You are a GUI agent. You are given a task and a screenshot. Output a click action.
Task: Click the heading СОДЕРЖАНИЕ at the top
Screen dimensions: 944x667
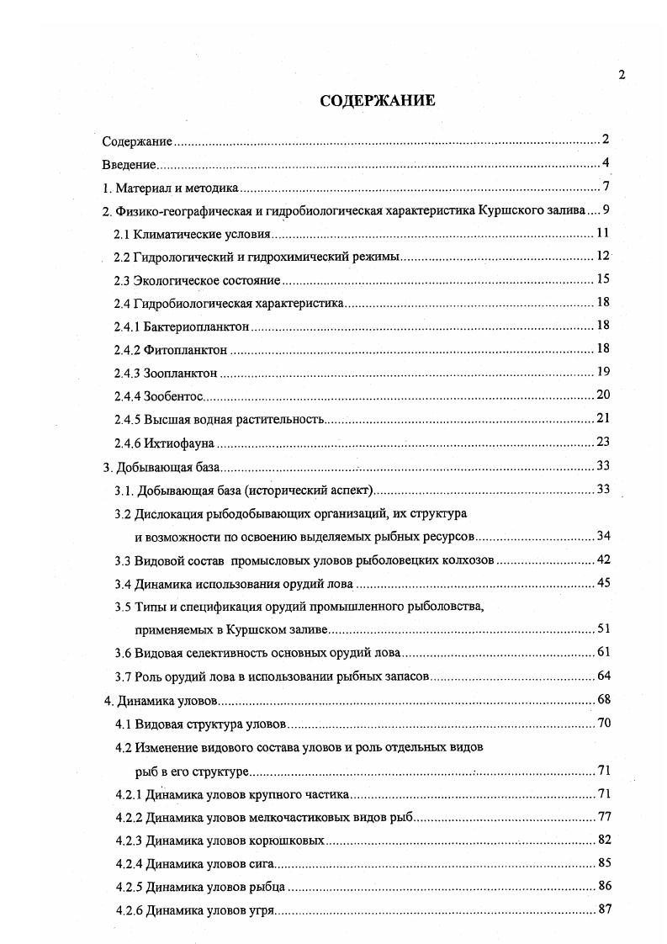(x=378, y=101)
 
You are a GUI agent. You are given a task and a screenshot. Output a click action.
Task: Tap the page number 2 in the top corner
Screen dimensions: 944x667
(x=622, y=74)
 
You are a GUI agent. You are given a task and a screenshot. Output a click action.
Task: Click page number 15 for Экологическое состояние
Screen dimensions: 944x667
(x=602, y=279)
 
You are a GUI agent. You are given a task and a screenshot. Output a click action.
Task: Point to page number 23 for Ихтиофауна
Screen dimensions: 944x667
(x=602, y=441)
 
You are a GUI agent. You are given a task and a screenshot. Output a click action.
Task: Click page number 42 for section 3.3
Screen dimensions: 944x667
(x=602, y=560)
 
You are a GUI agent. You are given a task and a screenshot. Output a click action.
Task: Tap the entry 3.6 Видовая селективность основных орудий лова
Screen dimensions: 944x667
(x=257, y=652)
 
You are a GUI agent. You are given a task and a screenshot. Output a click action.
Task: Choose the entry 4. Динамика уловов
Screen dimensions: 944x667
(x=160, y=700)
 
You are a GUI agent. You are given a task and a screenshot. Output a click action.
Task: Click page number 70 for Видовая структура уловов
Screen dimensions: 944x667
(x=603, y=722)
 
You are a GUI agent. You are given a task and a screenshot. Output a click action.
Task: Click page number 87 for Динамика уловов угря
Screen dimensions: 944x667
(x=603, y=908)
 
